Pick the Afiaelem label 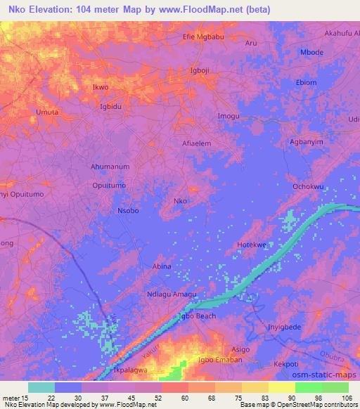point(197,142)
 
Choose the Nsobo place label point(128,210)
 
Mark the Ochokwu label point(308,187)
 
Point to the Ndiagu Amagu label point(172,294)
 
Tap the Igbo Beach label point(196,316)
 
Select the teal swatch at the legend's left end point(41,387)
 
